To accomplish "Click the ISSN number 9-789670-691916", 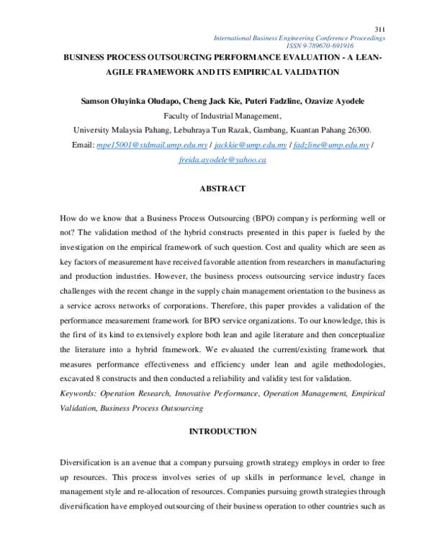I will [x=348, y=45].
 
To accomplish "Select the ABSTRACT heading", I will [x=222, y=189].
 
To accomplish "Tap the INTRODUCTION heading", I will [x=222, y=431].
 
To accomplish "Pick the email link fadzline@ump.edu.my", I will [x=320, y=145].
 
